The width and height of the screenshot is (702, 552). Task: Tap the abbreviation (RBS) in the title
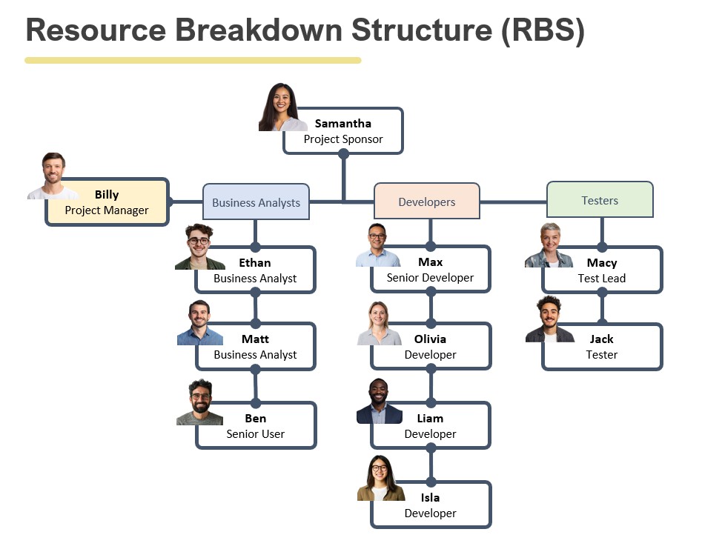(543, 30)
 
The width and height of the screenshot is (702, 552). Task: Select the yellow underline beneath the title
(193, 61)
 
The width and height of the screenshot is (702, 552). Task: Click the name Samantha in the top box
(342, 123)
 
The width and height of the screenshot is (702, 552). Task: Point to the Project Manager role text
(107, 210)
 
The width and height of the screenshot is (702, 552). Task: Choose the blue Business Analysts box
(256, 202)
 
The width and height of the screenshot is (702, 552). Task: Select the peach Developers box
(427, 202)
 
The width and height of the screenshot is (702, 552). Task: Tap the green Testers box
(600, 200)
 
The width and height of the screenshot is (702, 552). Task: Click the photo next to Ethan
(199, 247)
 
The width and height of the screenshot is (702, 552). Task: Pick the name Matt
(255, 339)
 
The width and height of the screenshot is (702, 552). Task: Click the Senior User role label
(255, 434)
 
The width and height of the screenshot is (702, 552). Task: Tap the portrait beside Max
(377, 245)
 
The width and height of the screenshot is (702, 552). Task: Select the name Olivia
(430, 339)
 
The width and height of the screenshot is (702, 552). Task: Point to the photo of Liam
(379, 402)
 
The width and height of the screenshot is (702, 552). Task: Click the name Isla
(430, 498)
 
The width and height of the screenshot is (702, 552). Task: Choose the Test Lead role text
(601, 279)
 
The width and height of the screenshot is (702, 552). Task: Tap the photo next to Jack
(549, 319)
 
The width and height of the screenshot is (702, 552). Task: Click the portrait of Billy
(53, 176)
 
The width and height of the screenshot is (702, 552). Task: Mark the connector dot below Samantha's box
(343, 154)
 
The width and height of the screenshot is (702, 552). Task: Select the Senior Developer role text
(430, 279)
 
